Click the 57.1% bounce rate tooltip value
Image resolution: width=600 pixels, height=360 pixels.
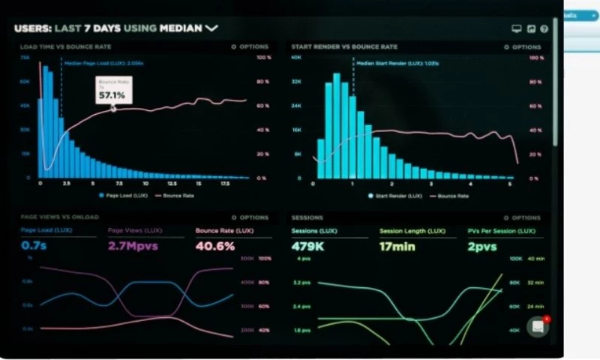point(112,95)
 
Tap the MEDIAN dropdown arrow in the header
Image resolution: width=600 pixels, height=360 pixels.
point(211,28)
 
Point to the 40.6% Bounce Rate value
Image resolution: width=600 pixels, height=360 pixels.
point(215,245)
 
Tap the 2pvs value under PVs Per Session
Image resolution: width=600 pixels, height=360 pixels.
point(482,245)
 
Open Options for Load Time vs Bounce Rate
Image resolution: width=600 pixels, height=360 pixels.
point(250,46)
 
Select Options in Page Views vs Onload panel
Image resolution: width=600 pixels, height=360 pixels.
point(250,217)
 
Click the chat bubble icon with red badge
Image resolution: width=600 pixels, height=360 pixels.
point(537,326)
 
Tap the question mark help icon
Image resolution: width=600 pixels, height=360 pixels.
point(544,29)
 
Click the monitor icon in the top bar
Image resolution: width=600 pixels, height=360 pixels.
point(516,29)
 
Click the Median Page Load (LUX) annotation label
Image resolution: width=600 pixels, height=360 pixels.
point(94,64)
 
